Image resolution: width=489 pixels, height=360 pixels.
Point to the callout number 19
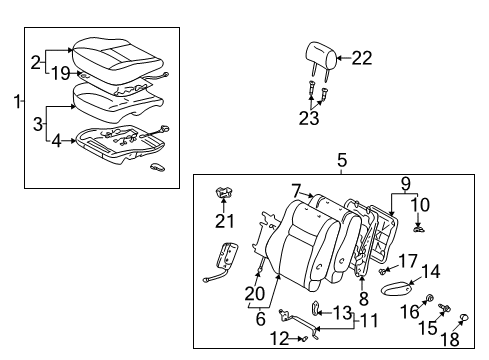pos(62,72)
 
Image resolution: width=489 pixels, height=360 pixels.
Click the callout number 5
pos(341,159)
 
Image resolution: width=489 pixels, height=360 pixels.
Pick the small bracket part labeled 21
pos(225,193)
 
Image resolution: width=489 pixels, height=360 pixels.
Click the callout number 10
pos(421,205)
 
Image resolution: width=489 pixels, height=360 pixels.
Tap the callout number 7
pos(295,188)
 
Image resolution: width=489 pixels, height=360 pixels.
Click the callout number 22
pos(361,58)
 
